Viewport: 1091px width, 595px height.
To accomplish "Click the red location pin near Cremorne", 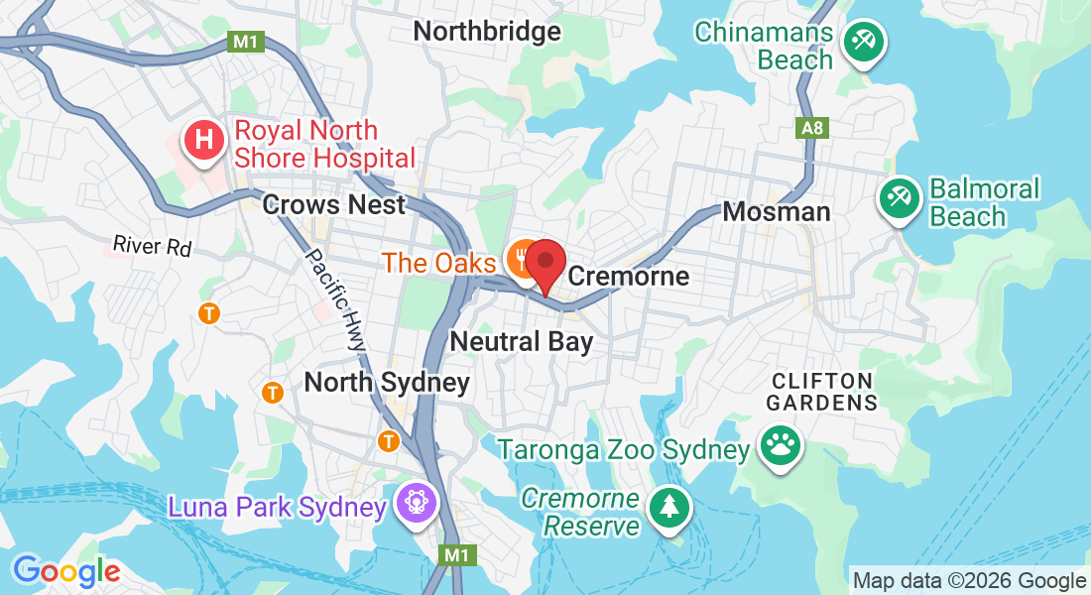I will (x=545, y=264).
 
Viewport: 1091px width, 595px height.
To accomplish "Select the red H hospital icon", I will (x=204, y=140).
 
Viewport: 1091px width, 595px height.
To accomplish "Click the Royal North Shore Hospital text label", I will (x=324, y=144).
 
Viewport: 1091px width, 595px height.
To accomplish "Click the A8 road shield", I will (x=811, y=127).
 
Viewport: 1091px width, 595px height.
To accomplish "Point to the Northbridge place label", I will (x=487, y=32).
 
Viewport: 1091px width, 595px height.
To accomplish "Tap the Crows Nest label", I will (x=334, y=205).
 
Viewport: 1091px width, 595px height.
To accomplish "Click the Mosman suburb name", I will (x=777, y=211).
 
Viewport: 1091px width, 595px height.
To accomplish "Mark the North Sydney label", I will (x=387, y=382).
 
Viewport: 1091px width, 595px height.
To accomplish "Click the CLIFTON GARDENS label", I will (x=824, y=392).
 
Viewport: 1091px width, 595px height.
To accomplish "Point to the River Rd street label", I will (x=152, y=245).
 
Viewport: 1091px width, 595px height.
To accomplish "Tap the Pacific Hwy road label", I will (x=334, y=297).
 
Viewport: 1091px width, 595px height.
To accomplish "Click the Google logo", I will (x=66, y=571).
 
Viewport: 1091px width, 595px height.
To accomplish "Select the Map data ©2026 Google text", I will (x=969, y=581).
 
